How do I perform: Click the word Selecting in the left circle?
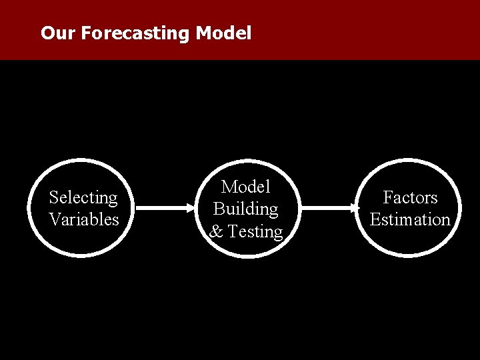coord(83,197)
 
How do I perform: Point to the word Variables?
coord(83,219)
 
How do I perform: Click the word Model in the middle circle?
coord(245,187)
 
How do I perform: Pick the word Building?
coord(245,209)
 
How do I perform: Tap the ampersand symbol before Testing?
coord(216,231)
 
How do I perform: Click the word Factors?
coord(410,197)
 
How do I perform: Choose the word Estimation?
coord(410,219)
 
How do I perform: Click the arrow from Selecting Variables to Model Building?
coord(167,208)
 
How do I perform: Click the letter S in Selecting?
coord(54,197)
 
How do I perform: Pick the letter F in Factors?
coord(387,197)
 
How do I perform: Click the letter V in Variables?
coord(55,219)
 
